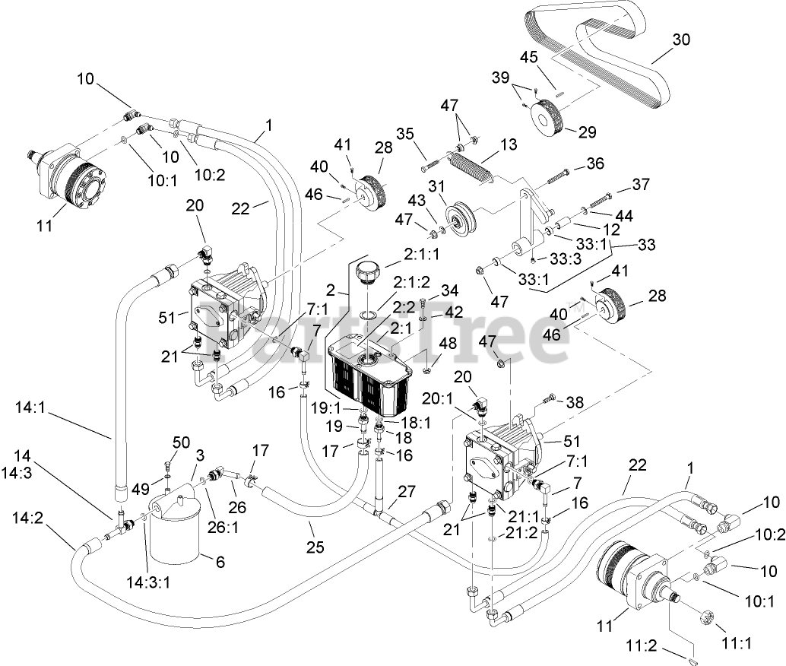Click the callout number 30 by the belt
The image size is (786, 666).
pos(681,40)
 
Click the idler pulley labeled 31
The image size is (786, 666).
pos(458,219)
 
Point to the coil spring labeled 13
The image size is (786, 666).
pos(472,166)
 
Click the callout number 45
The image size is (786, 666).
pos(529,56)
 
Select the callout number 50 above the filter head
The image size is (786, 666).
pos(181,442)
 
